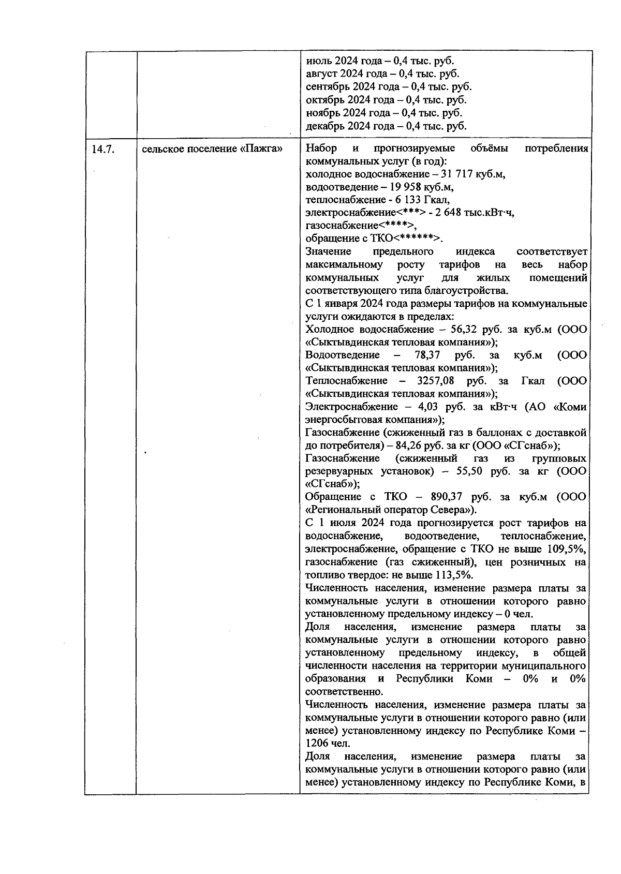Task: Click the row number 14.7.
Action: tap(102, 149)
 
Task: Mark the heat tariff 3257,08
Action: tap(437, 381)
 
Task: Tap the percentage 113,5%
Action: tap(453, 575)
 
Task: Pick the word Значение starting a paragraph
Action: tap(328, 252)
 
